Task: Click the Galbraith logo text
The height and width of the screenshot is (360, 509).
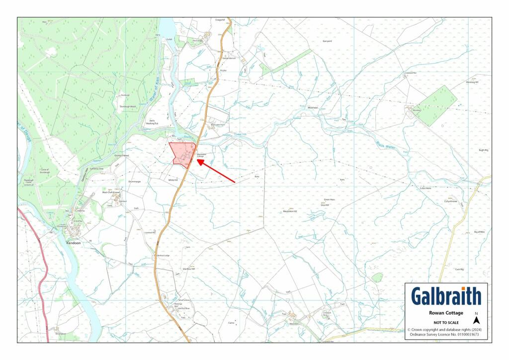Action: [446, 296]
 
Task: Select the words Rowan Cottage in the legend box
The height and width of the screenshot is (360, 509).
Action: [446, 313]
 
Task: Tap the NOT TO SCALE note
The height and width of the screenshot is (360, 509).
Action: [446, 322]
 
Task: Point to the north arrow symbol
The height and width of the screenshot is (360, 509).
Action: [476, 320]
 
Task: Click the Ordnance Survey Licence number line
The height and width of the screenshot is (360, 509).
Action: [446, 334]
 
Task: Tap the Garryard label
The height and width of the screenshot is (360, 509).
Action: [327, 41]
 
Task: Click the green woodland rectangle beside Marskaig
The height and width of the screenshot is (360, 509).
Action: [436, 105]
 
